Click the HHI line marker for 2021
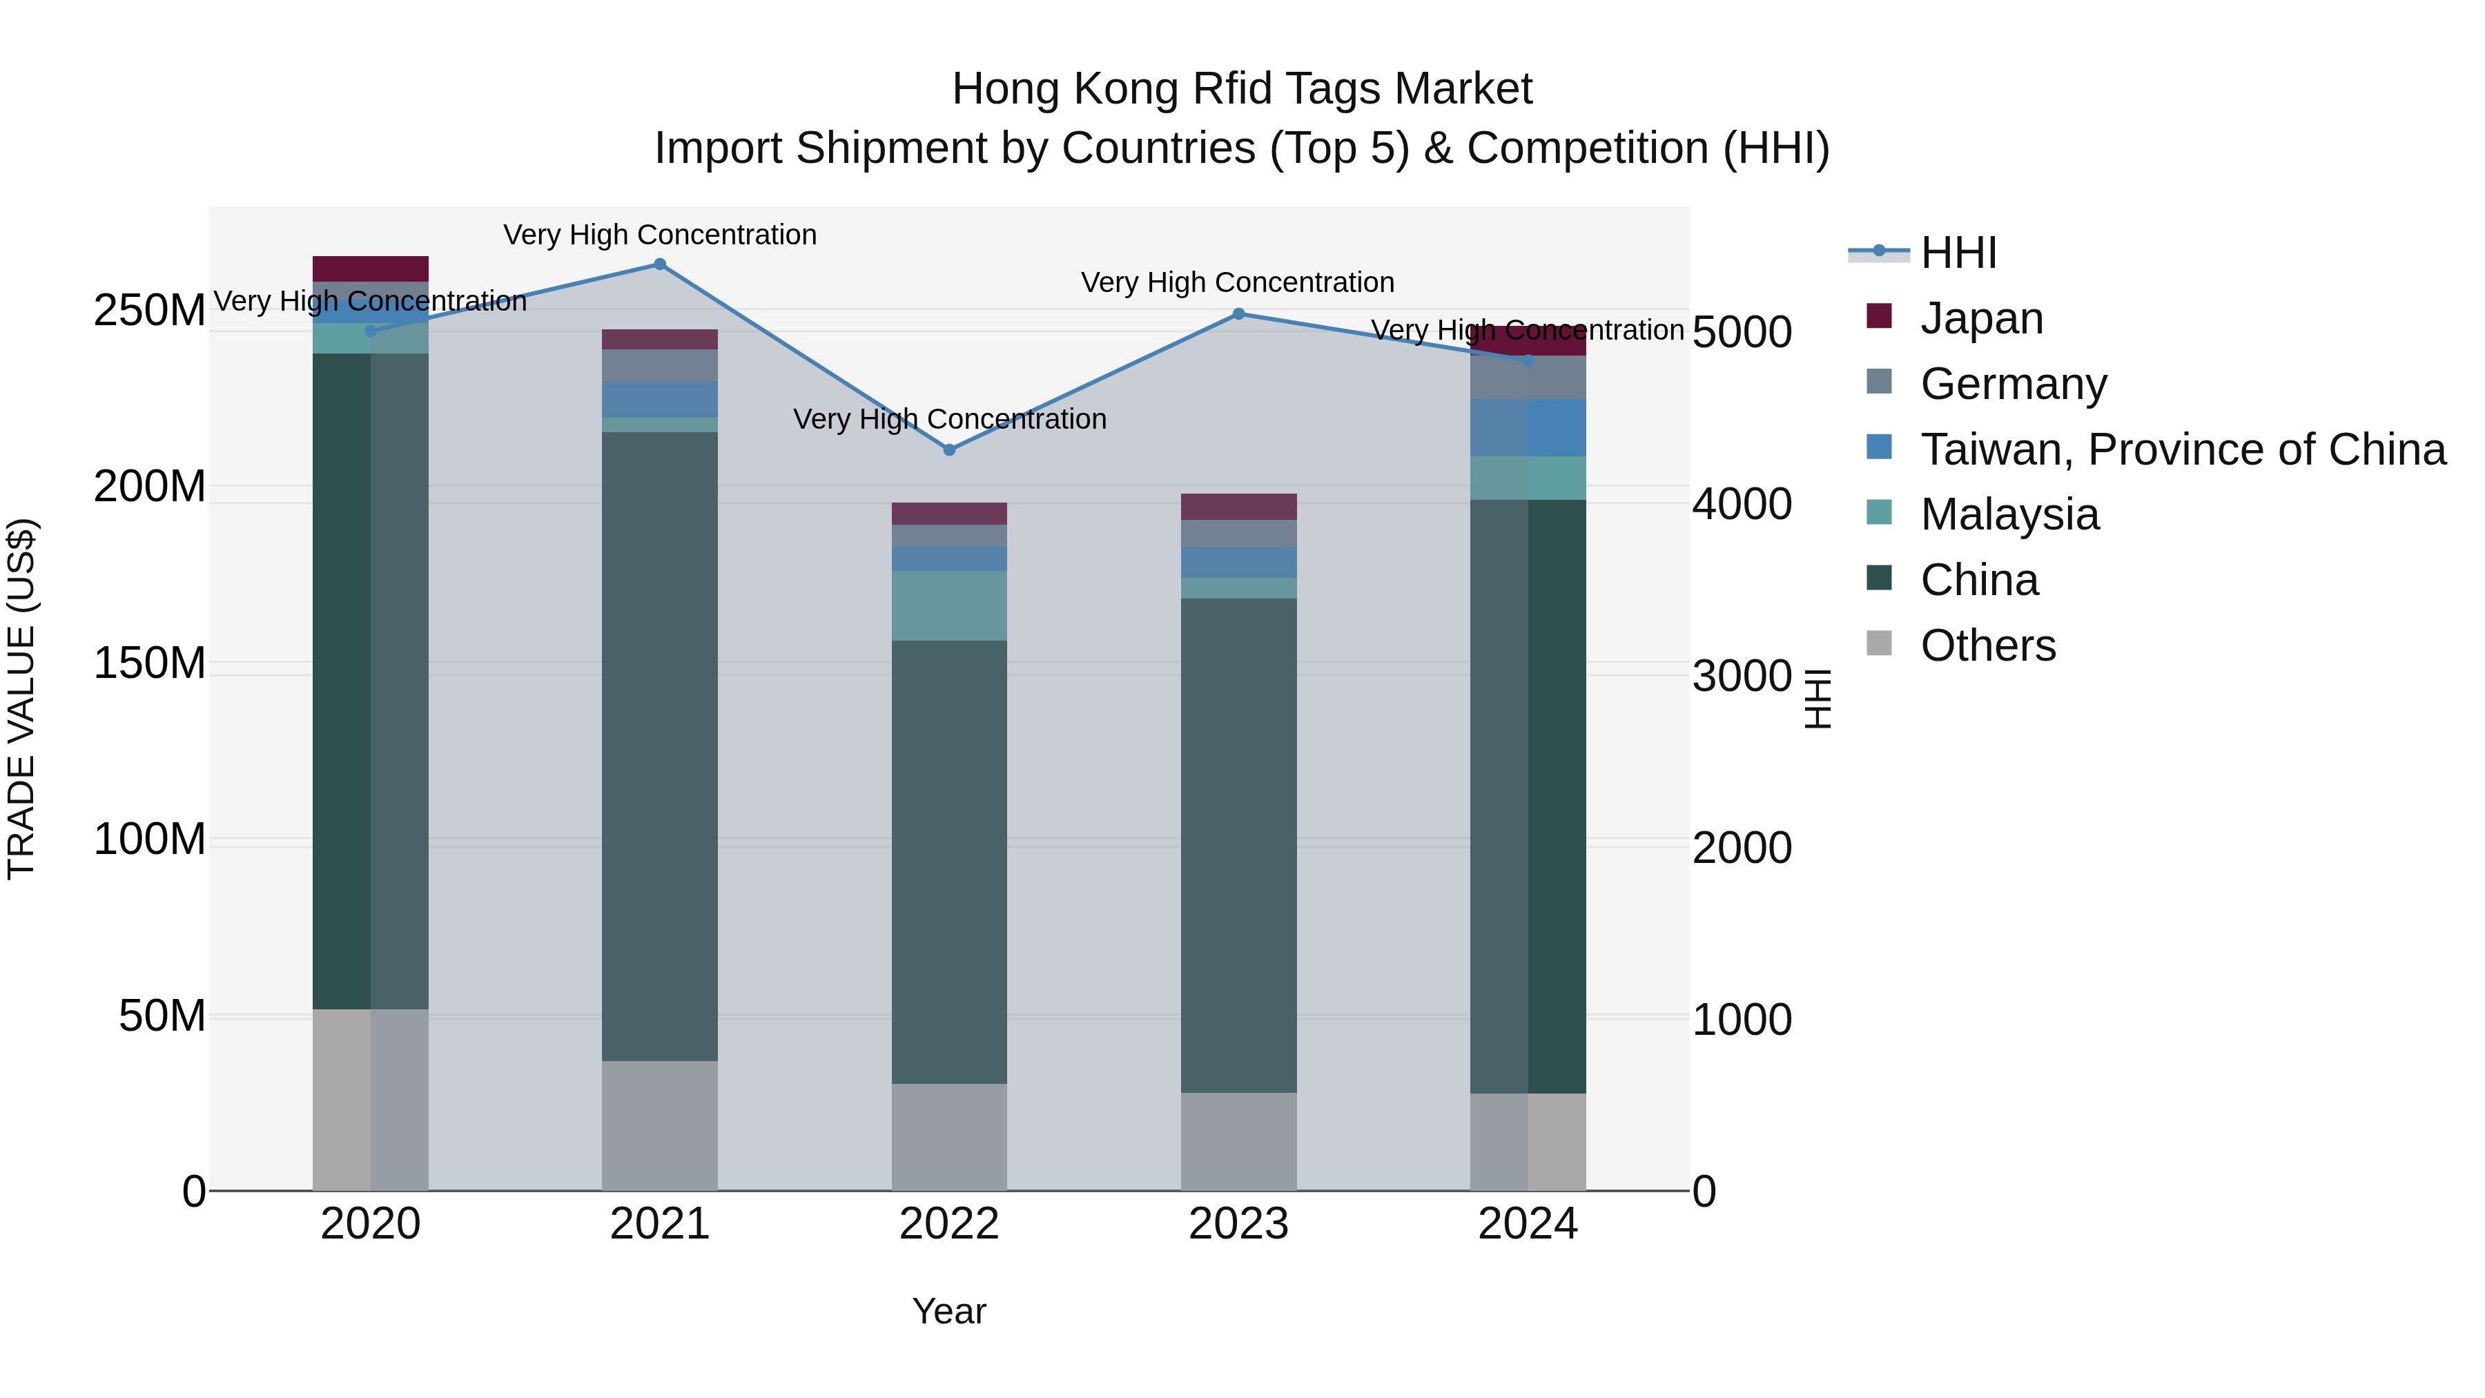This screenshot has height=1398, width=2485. pos(660,264)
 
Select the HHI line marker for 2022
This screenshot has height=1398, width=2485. pos(949,449)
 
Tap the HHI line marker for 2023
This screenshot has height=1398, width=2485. pos(1238,313)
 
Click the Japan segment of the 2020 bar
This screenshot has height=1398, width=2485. pos(371,269)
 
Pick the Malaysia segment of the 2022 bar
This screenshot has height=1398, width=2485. pos(949,606)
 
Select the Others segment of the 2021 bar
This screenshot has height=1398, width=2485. pos(660,1125)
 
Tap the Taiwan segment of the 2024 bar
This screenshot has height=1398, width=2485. pos(1528,427)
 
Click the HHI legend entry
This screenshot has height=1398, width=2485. pos(1958,253)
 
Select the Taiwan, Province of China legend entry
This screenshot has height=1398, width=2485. pos(2182,449)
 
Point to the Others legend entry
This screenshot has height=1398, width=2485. pos(1987,645)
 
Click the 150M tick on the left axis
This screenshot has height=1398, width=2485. pos(150,663)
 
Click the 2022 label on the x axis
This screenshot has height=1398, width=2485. pos(949,1224)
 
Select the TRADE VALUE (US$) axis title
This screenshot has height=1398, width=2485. pos(21,699)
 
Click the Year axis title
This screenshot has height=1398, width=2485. pos(949,1311)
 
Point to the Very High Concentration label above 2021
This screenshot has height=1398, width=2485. pos(660,235)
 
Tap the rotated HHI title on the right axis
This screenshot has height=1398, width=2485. pos(1818,699)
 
